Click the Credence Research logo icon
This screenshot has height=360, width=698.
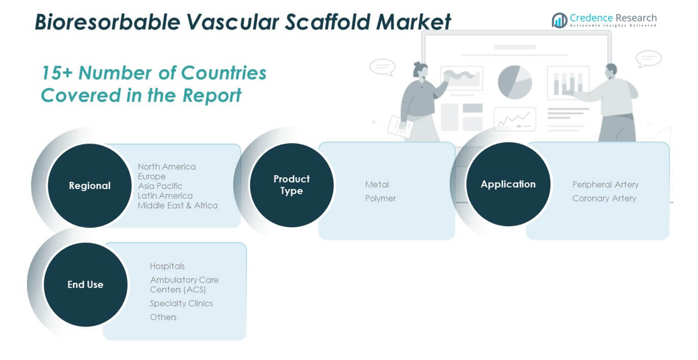coord(559,20)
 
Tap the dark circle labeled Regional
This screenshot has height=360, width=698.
coord(90,185)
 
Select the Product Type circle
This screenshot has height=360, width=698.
coord(291,185)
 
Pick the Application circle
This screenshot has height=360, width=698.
coord(508,184)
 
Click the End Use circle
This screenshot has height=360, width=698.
coord(86,285)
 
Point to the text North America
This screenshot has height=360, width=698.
coord(166,167)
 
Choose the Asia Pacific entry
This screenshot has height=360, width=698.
coord(160,186)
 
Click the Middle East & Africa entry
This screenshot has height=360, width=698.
coord(178,206)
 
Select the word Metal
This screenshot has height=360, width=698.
coord(377,184)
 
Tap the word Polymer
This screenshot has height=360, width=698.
coord(380,199)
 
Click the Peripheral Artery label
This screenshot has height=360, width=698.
coord(605,184)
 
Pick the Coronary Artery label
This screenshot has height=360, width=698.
coord(604,199)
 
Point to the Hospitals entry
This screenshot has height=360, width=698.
coord(167,266)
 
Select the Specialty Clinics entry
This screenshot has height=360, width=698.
coord(181,303)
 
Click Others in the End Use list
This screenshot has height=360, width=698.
coord(163,318)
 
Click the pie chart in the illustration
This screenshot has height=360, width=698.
coord(515,82)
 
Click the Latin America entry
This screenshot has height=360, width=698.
coord(165,196)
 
